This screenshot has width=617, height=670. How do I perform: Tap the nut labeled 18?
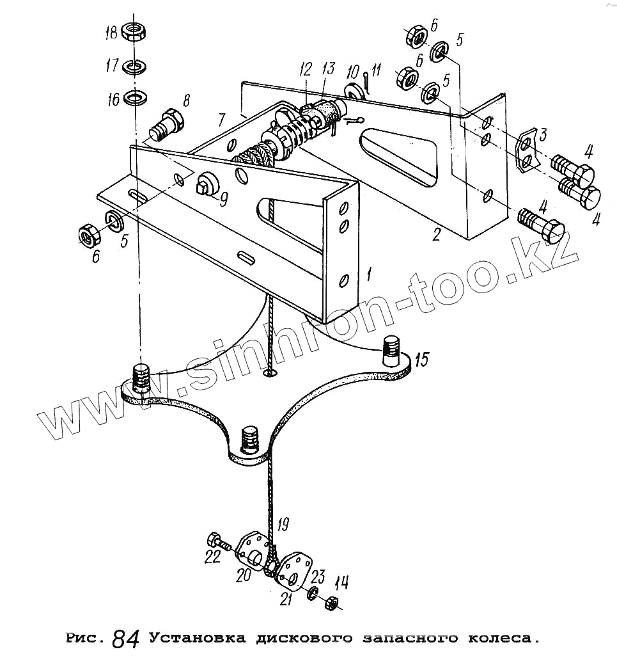134,31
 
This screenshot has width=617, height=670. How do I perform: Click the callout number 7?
221,120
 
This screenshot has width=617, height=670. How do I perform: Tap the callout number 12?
305,69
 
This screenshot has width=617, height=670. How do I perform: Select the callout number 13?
328,69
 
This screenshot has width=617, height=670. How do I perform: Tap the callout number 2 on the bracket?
435,234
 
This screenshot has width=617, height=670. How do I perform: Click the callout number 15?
421,360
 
